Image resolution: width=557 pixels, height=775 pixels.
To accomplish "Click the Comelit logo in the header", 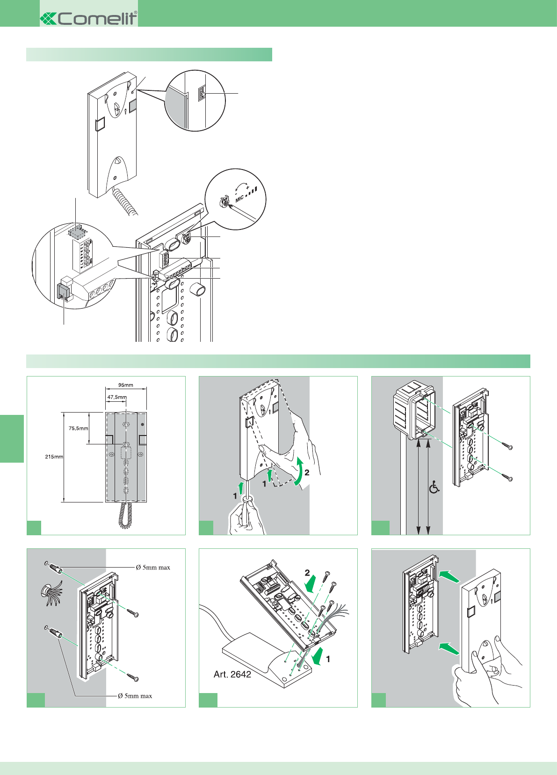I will click(x=89, y=18).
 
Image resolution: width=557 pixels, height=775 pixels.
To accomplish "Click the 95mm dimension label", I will click(x=125, y=385).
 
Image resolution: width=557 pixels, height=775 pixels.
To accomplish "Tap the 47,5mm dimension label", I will click(x=116, y=397).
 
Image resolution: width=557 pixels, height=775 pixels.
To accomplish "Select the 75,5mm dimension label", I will click(x=78, y=428).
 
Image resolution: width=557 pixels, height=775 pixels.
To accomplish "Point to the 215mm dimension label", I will click(x=54, y=457).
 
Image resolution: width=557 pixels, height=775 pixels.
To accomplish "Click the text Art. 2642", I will click(x=232, y=674).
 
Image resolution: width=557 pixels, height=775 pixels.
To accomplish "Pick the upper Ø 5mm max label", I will click(x=153, y=568).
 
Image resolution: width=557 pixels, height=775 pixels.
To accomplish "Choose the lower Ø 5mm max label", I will click(x=135, y=696).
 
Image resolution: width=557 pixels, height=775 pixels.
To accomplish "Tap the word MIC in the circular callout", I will click(x=239, y=199).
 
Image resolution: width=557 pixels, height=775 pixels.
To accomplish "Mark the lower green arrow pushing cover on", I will click(x=448, y=648).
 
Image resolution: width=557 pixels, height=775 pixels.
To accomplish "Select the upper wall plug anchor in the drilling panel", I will click(x=54, y=569).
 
